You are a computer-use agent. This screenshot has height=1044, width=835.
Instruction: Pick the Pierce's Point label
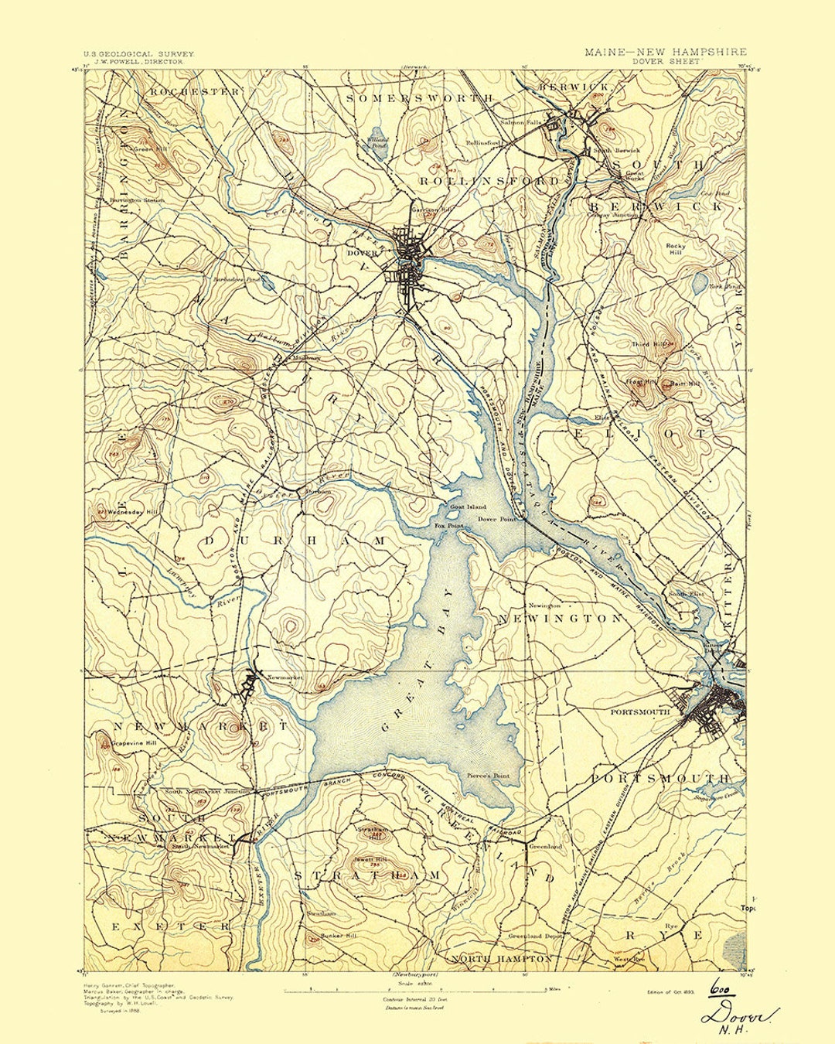[x=488, y=775]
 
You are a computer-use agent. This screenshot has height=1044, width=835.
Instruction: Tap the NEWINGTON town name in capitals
[x=560, y=619]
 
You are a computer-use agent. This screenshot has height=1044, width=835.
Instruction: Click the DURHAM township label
[x=295, y=541]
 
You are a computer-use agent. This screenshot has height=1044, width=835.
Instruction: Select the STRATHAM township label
[x=367, y=875]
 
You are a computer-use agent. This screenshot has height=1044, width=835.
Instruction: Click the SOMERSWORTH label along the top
[x=419, y=98]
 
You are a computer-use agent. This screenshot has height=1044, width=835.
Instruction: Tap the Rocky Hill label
[x=676, y=249]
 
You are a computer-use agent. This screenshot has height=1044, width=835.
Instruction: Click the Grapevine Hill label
[x=135, y=743]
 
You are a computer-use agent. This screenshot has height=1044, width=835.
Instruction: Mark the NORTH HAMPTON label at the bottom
[x=503, y=958]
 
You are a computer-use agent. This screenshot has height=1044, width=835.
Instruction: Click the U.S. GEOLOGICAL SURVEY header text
[x=139, y=54]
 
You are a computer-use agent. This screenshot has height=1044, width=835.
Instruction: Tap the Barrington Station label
[x=138, y=200]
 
